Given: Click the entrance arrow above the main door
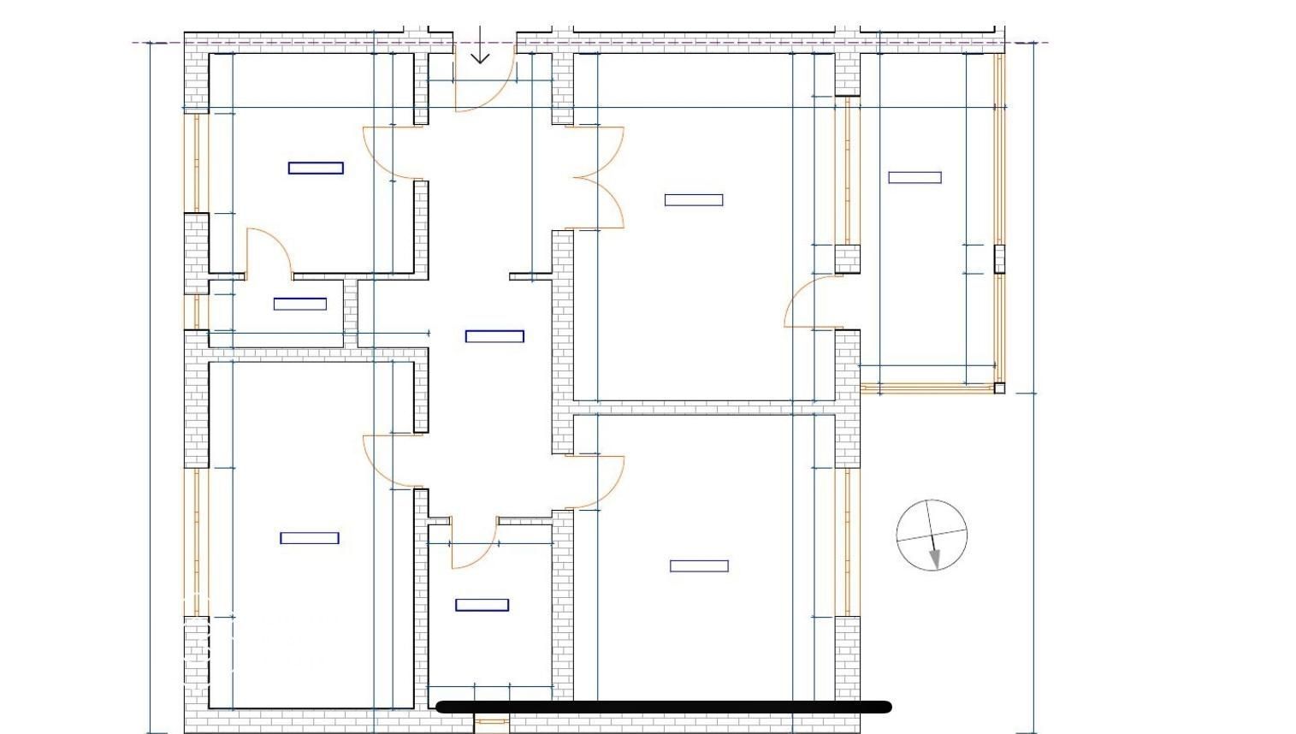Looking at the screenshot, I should [480, 46].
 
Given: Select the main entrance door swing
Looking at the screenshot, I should [483, 81].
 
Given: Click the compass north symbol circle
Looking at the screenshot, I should [932, 536].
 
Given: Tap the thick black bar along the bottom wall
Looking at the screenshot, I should [664, 707].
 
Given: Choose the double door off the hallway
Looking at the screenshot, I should [599, 178].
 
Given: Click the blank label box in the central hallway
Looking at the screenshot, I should [494, 336].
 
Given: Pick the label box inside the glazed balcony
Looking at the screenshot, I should [914, 178].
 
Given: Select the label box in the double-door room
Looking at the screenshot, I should [694, 200].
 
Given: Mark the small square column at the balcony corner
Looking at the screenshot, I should [999, 388].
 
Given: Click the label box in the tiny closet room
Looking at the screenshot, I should [299, 304].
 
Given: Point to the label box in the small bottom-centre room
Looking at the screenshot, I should [482, 605].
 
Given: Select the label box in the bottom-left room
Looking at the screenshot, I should [310, 538].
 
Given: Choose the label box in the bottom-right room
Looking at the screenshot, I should [699, 565].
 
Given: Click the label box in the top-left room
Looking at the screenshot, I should [316, 168].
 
